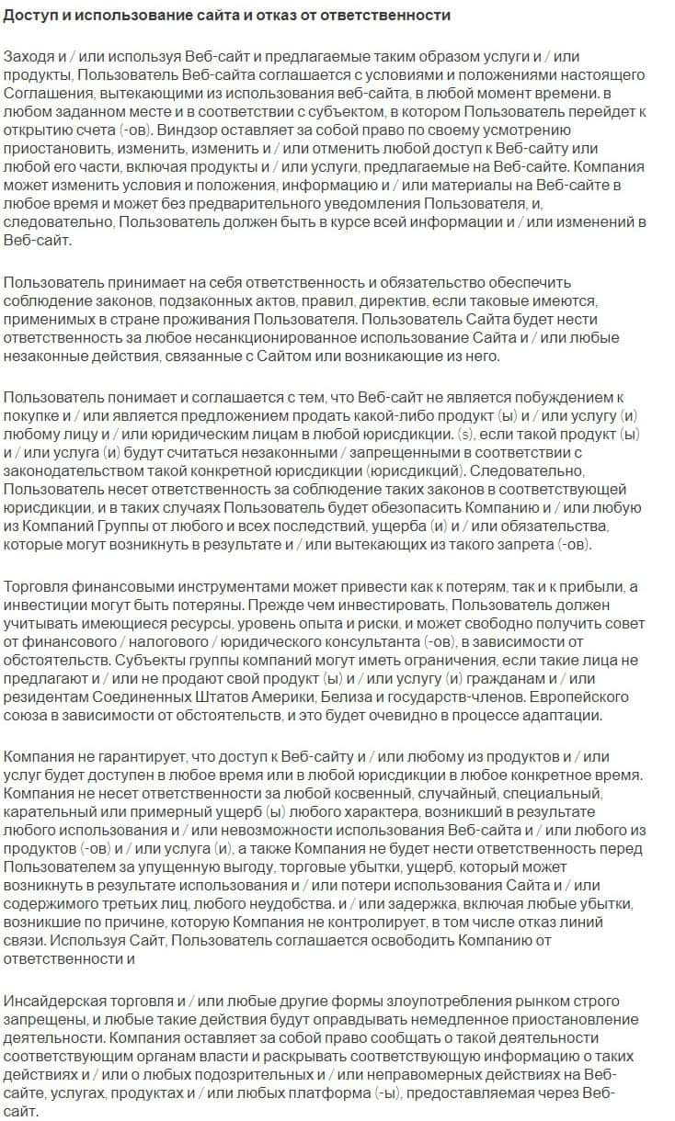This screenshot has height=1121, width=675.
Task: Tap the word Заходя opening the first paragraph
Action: [29, 58]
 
